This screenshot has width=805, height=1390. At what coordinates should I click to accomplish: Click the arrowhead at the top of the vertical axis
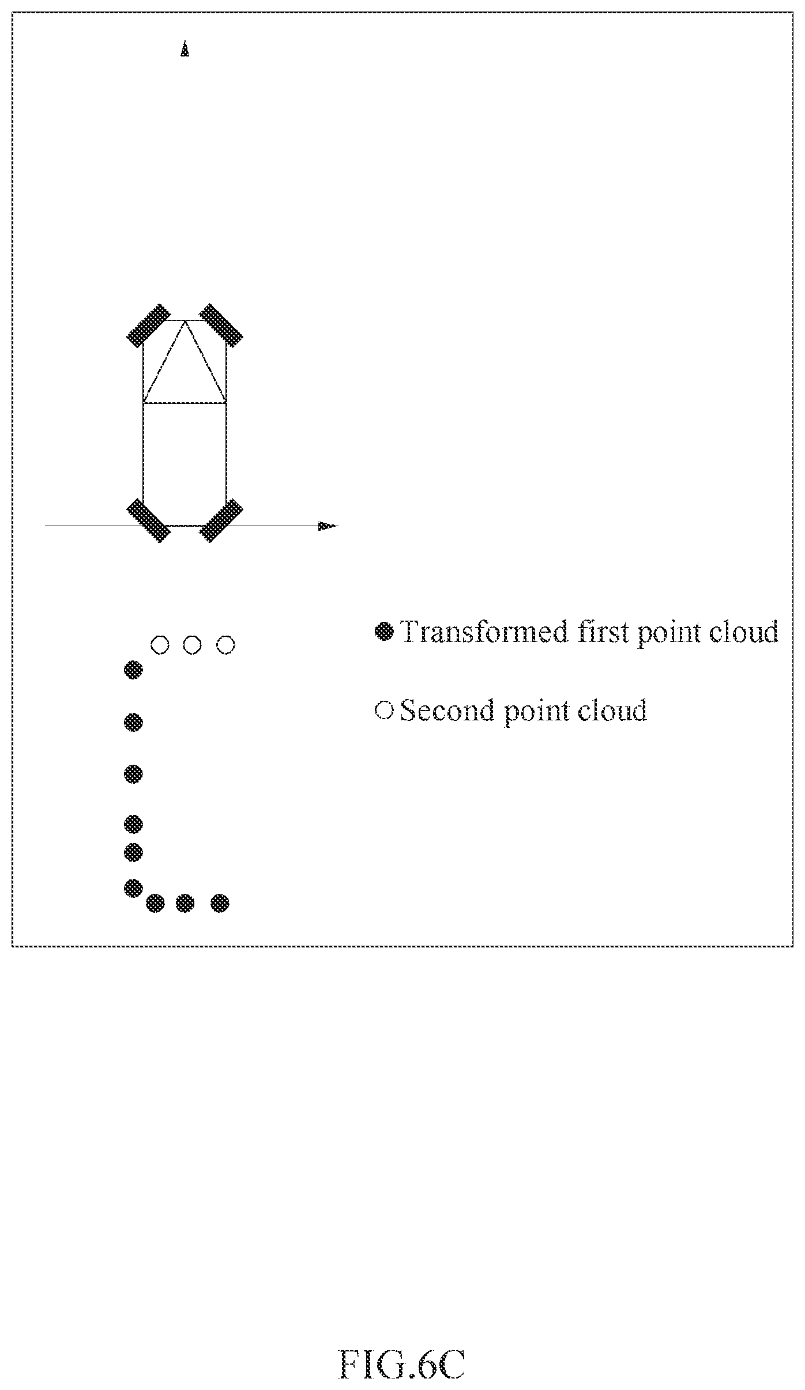pyautogui.click(x=185, y=48)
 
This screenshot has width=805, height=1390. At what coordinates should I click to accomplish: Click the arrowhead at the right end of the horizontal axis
pyautogui.click(x=328, y=525)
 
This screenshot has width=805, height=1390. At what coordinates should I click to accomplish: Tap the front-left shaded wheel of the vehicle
pyautogui.click(x=148, y=324)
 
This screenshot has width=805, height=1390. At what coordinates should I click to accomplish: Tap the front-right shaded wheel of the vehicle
pyautogui.click(x=221, y=324)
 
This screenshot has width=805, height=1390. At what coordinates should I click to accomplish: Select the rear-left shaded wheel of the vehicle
pyautogui.click(x=148, y=520)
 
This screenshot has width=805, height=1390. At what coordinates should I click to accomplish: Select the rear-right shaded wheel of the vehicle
pyautogui.click(x=221, y=520)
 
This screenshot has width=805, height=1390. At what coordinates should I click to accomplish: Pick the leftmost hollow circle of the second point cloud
pyautogui.click(x=160, y=644)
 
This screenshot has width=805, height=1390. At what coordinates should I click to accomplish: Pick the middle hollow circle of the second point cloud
pyautogui.click(x=193, y=644)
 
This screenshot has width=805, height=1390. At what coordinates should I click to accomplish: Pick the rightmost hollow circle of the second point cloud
pyautogui.click(x=226, y=644)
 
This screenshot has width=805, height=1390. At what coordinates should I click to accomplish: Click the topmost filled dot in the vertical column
pyautogui.click(x=133, y=670)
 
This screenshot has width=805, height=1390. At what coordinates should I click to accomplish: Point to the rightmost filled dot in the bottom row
pyautogui.click(x=220, y=903)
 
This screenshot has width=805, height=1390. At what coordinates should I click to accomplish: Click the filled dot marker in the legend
pyautogui.click(x=383, y=632)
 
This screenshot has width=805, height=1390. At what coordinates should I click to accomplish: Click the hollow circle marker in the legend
pyautogui.click(x=383, y=710)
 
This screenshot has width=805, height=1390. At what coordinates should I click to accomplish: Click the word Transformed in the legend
pyautogui.click(x=484, y=632)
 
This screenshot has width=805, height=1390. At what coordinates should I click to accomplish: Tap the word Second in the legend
pyautogui.click(x=447, y=711)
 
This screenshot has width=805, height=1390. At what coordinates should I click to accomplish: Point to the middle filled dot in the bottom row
pyautogui.click(x=185, y=903)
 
